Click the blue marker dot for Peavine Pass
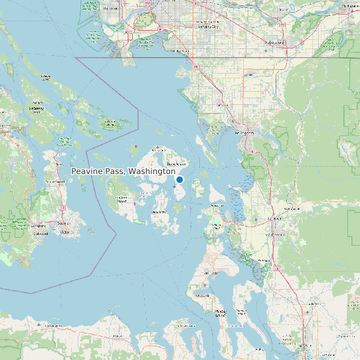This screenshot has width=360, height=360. click(x=179, y=179)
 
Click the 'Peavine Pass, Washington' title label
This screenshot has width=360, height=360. click(x=123, y=171)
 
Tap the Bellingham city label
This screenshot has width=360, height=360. click(x=245, y=133)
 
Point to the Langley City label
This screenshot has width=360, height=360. click(x=209, y=27)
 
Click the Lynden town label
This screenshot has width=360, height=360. click(x=249, y=74)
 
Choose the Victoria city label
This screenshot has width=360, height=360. click(x=64, y=232)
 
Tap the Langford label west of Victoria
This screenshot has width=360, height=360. click(x=39, y=226)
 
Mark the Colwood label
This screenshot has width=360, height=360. click(x=41, y=233)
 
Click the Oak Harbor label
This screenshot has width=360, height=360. click(x=211, y=273)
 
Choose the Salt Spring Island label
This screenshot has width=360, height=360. click(x=37, y=110)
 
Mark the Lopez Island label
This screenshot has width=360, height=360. click(x=159, y=212)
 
